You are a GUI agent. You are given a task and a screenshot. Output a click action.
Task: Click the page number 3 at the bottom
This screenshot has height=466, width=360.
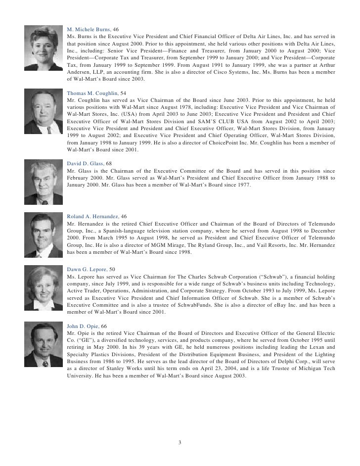(x=180, y=442)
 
